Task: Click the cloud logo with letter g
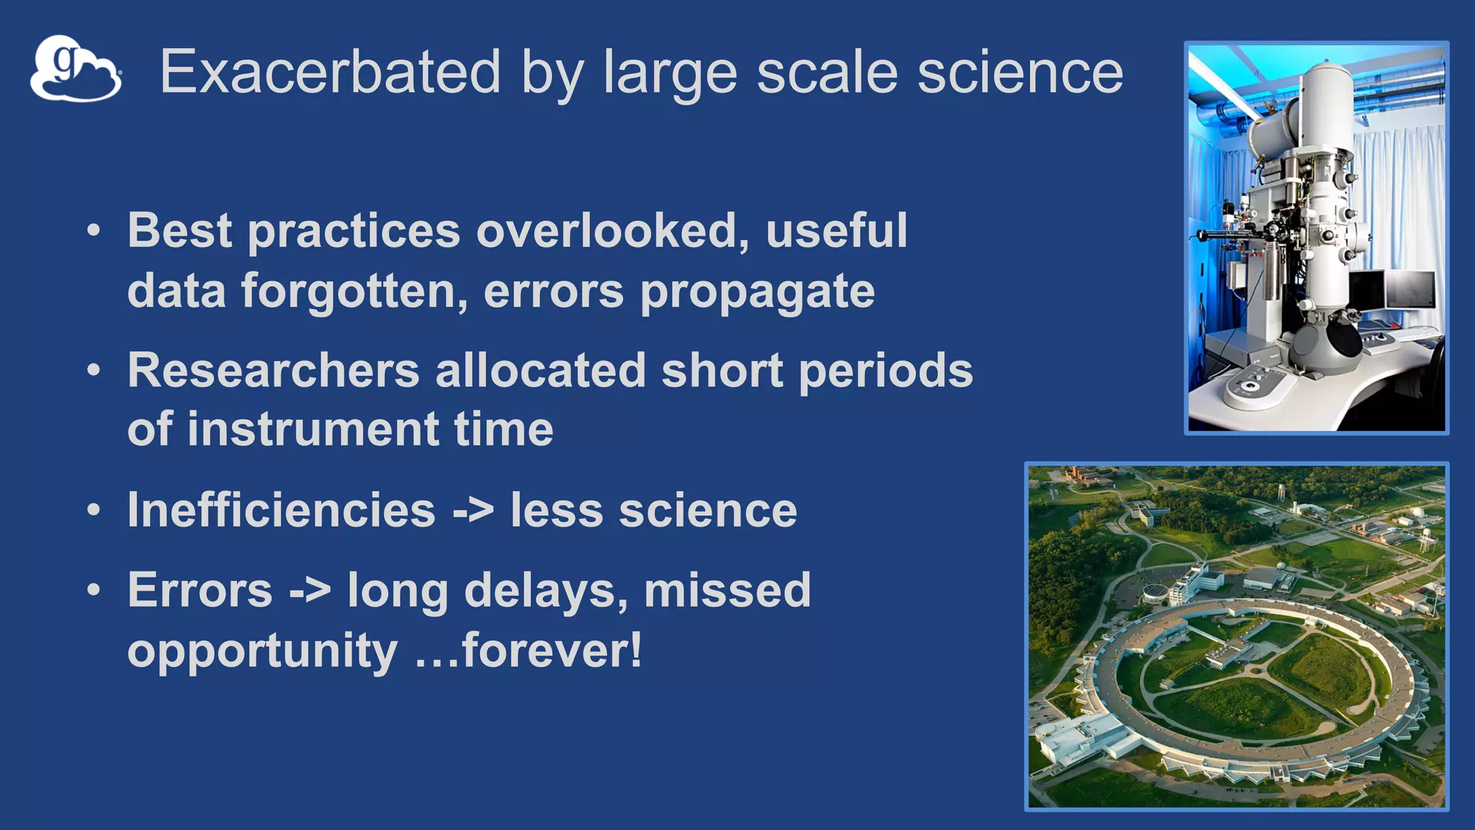[76, 69]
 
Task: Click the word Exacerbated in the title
[330, 72]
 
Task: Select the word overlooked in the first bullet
[612, 231]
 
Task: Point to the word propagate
[757, 292]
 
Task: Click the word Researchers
[274, 370]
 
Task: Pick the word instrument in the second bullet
[313, 429]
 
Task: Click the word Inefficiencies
[282, 510]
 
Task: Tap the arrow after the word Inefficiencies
[473, 511]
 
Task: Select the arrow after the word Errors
[310, 591]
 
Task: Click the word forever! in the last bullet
[551, 650]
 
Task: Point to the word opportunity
[262, 651]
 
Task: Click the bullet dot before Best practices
[94, 232]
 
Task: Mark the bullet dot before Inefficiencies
[94, 510]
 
